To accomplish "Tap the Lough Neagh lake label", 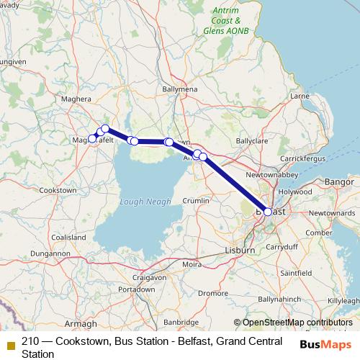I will pyautogui.click(x=145, y=202).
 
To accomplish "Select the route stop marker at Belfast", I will pyautogui.click(x=268, y=212).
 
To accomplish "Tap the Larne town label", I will pyautogui.click(x=299, y=95).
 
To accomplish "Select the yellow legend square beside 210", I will pyautogui.click(x=9, y=342).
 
